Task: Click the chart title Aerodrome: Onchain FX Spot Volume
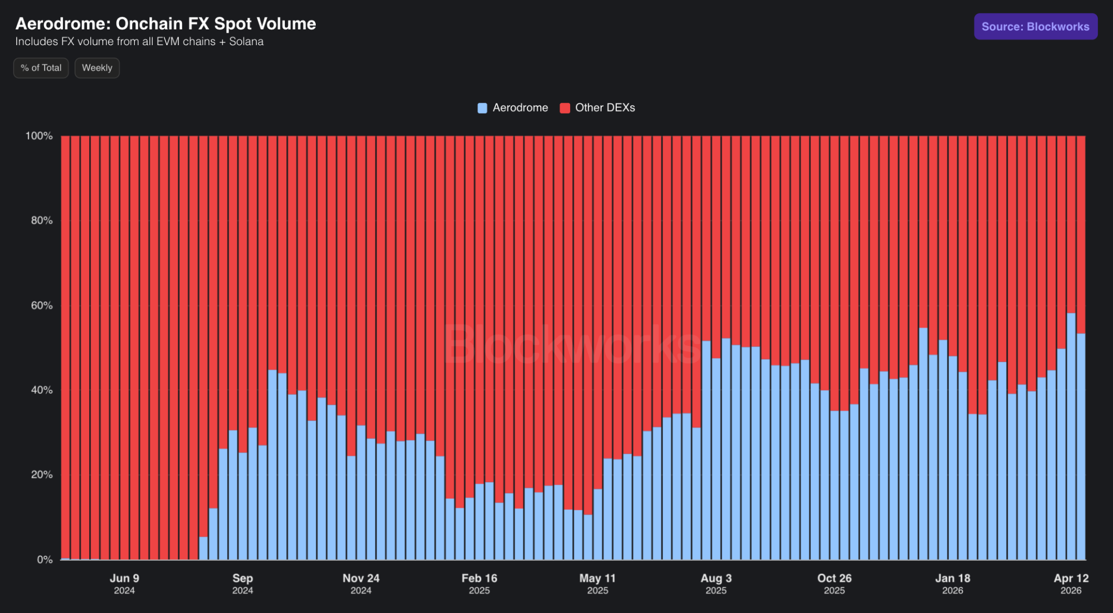coord(166,23)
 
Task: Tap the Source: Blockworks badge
coord(1035,26)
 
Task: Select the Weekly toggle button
coord(97,68)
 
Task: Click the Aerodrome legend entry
coord(512,108)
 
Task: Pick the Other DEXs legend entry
coord(597,108)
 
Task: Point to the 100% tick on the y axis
coord(39,135)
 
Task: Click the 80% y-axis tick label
coord(42,220)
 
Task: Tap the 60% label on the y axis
coord(42,305)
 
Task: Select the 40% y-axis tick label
coord(42,390)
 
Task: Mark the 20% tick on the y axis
coord(42,474)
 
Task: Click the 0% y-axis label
coord(45,559)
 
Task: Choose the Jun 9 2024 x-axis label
coord(124,584)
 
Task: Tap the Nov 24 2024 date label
coord(361,584)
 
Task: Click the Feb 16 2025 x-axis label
coord(479,584)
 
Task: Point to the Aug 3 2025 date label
coord(716,584)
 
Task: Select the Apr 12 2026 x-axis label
coord(1071,584)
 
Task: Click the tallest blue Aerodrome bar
coord(1071,436)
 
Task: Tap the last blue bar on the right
coord(1081,447)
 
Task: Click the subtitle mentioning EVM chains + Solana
coord(139,41)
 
